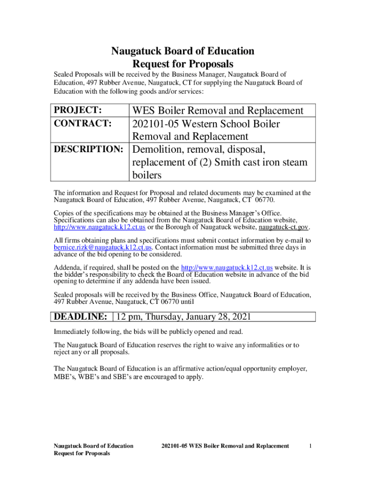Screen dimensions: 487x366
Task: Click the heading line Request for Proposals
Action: (183, 64)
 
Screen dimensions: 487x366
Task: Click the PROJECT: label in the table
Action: (77, 110)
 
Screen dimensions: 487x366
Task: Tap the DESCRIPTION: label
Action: (88, 149)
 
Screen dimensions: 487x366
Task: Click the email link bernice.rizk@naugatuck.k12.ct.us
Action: (103, 247)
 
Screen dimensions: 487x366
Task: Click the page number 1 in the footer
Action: (310, 446)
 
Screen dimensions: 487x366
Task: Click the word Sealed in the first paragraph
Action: (63, 74)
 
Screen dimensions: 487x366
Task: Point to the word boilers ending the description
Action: (147, 175)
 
